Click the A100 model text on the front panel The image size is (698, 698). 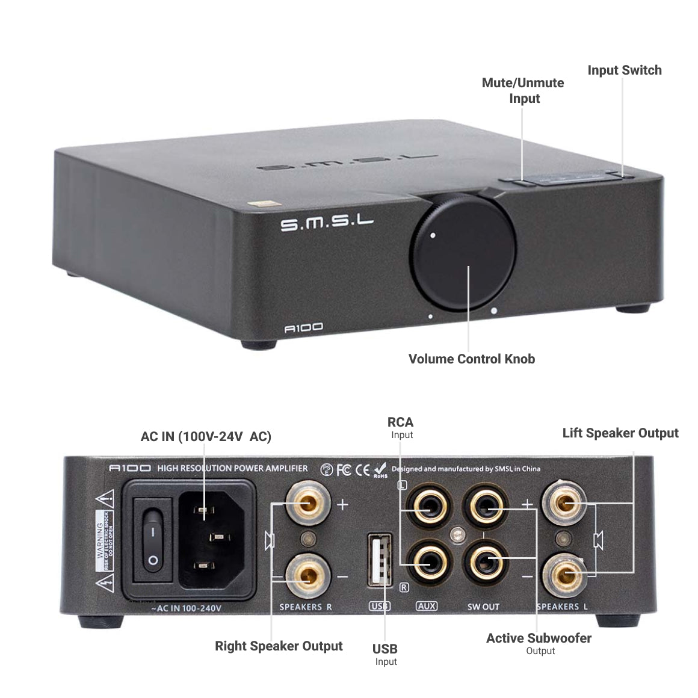click(303, 327)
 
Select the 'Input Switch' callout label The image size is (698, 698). click(624, 70)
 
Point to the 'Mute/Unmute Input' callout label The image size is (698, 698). click(523, 90)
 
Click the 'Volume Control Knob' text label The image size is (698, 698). click(471, 359)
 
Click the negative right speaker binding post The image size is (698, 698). click(307, 576)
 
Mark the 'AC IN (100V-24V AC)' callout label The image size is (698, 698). click(206, 436)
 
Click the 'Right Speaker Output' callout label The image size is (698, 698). click(279, 646)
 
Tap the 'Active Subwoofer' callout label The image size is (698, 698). click(539, 638)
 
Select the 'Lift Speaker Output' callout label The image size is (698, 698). click(620, 433)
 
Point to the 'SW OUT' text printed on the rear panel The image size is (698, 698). click(483, 607)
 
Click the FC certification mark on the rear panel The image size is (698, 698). click(344, 469)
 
